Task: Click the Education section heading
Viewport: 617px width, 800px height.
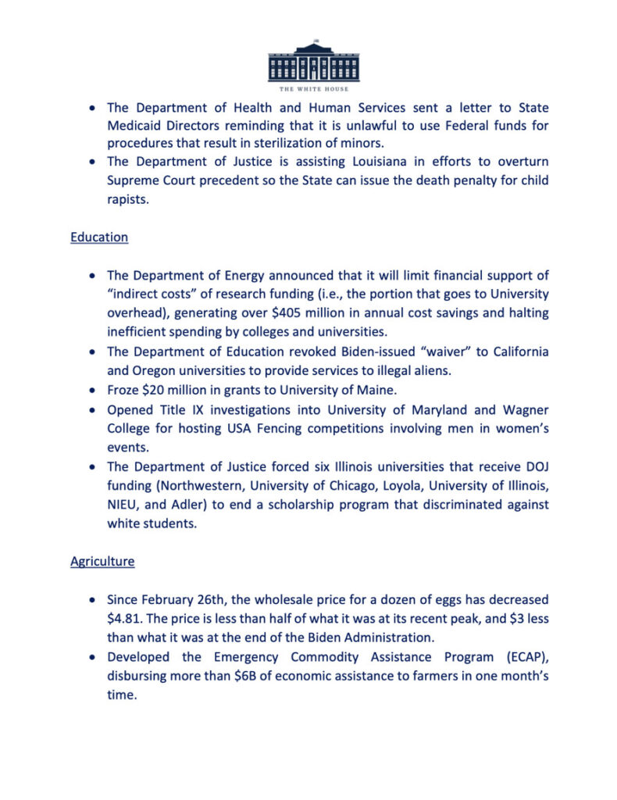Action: click(99, 237)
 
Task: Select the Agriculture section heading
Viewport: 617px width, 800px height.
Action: click(102, 561)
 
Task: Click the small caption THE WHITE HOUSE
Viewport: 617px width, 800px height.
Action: click(313, 89)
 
